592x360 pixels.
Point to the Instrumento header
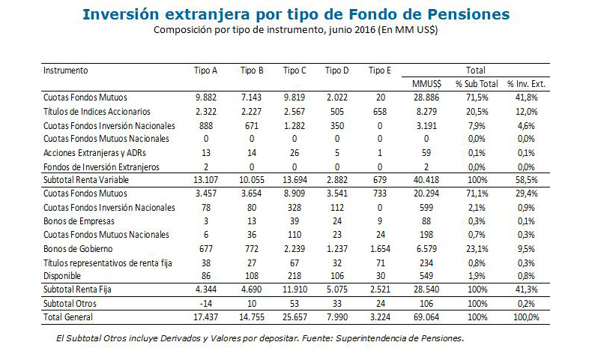66,70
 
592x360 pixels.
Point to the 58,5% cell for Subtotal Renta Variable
526,181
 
